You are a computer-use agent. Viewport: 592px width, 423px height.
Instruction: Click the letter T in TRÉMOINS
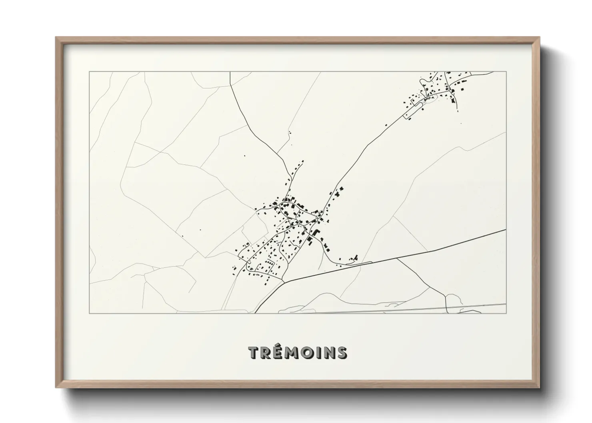click(254, 353)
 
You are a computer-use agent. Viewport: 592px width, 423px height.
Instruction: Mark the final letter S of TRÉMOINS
click(342, 353)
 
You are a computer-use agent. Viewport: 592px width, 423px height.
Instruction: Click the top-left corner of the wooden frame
click(56, 38)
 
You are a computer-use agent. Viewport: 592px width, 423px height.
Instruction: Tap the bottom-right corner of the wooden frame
click(539, 387)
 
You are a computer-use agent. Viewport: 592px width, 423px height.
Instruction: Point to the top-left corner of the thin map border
click(90, 72)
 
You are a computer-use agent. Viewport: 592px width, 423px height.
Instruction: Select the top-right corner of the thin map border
click(506, 72)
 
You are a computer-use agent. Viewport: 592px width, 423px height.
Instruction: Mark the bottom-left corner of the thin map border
click(90, 313)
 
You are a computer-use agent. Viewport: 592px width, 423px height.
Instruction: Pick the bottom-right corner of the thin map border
click(506, 313)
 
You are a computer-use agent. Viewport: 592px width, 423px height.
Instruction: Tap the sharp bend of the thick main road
click(285, 282)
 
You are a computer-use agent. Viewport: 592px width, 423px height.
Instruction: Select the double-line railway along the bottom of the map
click(400, 309)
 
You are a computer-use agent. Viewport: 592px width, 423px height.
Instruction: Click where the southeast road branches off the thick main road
click(397, 259)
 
